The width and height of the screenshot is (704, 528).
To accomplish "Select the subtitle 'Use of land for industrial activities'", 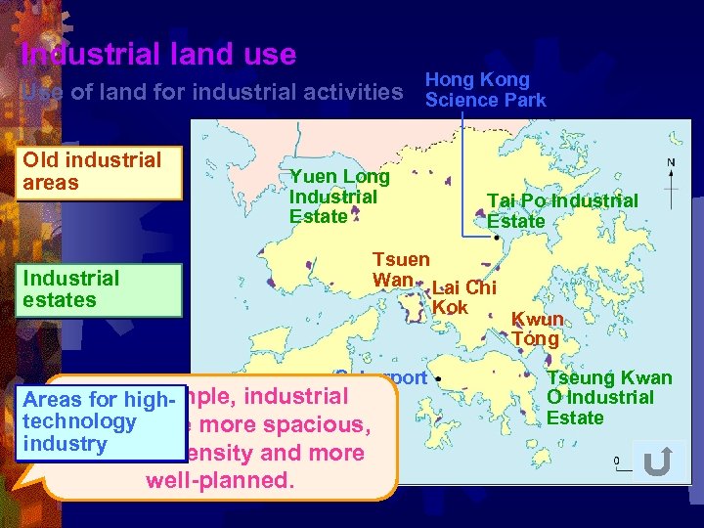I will point(211,93).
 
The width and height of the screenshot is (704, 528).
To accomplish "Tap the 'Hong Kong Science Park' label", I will point(485,90).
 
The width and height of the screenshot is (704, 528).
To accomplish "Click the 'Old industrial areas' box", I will point(99,172).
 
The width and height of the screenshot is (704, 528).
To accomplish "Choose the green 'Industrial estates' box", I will point(99,289).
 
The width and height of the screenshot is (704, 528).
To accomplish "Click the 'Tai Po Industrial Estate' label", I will point(562,211).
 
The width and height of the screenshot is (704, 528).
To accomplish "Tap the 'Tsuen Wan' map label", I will point(400,270).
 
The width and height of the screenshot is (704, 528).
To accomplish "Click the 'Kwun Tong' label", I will point(537,330).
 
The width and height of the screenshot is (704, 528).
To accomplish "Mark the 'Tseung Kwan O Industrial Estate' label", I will point(608,398).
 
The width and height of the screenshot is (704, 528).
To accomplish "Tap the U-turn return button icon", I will point(657,462).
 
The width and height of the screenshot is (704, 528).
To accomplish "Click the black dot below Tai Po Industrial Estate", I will point(497,237).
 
